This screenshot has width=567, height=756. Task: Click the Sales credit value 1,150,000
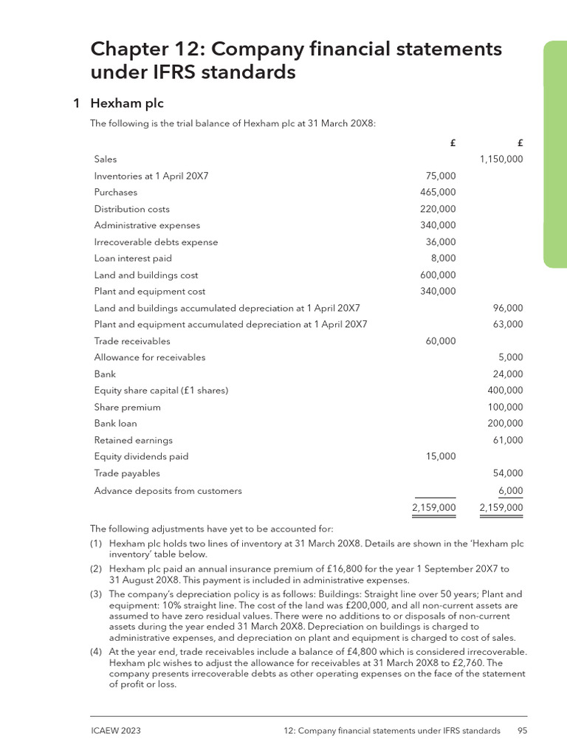click(x=501, y=159)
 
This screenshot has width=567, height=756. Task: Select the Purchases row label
click(x=115, y=192)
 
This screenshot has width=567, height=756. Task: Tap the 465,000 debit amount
click(x=438, y=192)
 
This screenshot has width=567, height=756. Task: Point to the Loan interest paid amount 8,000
click(x=443, y=258)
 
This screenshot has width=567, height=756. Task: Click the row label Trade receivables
click(x=131, y=341)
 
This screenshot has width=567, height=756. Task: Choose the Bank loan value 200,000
click(x=505, y=424)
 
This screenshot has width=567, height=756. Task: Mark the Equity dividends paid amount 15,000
click(x=441, y=456)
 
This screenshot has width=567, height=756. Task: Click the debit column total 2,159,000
click(x=433, y=508)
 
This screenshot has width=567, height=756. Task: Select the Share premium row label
click(x=127, y=407)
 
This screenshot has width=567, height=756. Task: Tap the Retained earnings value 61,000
click(x=508, y=440)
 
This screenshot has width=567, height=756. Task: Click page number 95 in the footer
click(x=521, y=731)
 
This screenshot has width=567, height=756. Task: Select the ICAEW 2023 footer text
click(x=115, y=731)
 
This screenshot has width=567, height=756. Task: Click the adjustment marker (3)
click(x=96, y=594)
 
